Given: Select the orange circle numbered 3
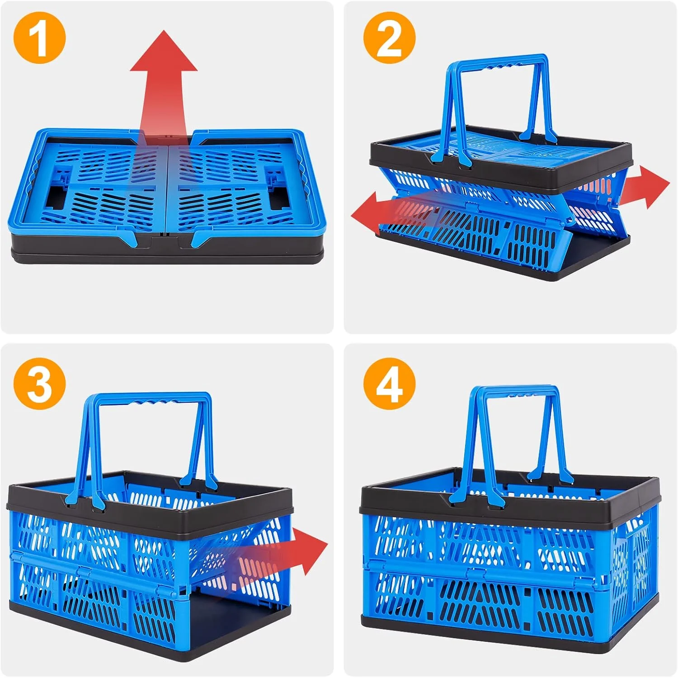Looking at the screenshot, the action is coord(40,384).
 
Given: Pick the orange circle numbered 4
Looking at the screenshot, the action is coord(389,384).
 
